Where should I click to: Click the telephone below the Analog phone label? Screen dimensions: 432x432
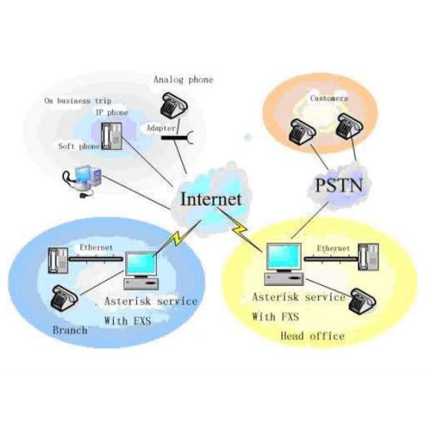point(172,107)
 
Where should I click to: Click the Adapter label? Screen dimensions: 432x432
point(159,127)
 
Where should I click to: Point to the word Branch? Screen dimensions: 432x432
point(71,330)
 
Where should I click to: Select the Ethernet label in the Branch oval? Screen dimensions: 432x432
point(96,248)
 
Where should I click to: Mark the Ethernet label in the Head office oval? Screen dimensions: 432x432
point(333,248)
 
